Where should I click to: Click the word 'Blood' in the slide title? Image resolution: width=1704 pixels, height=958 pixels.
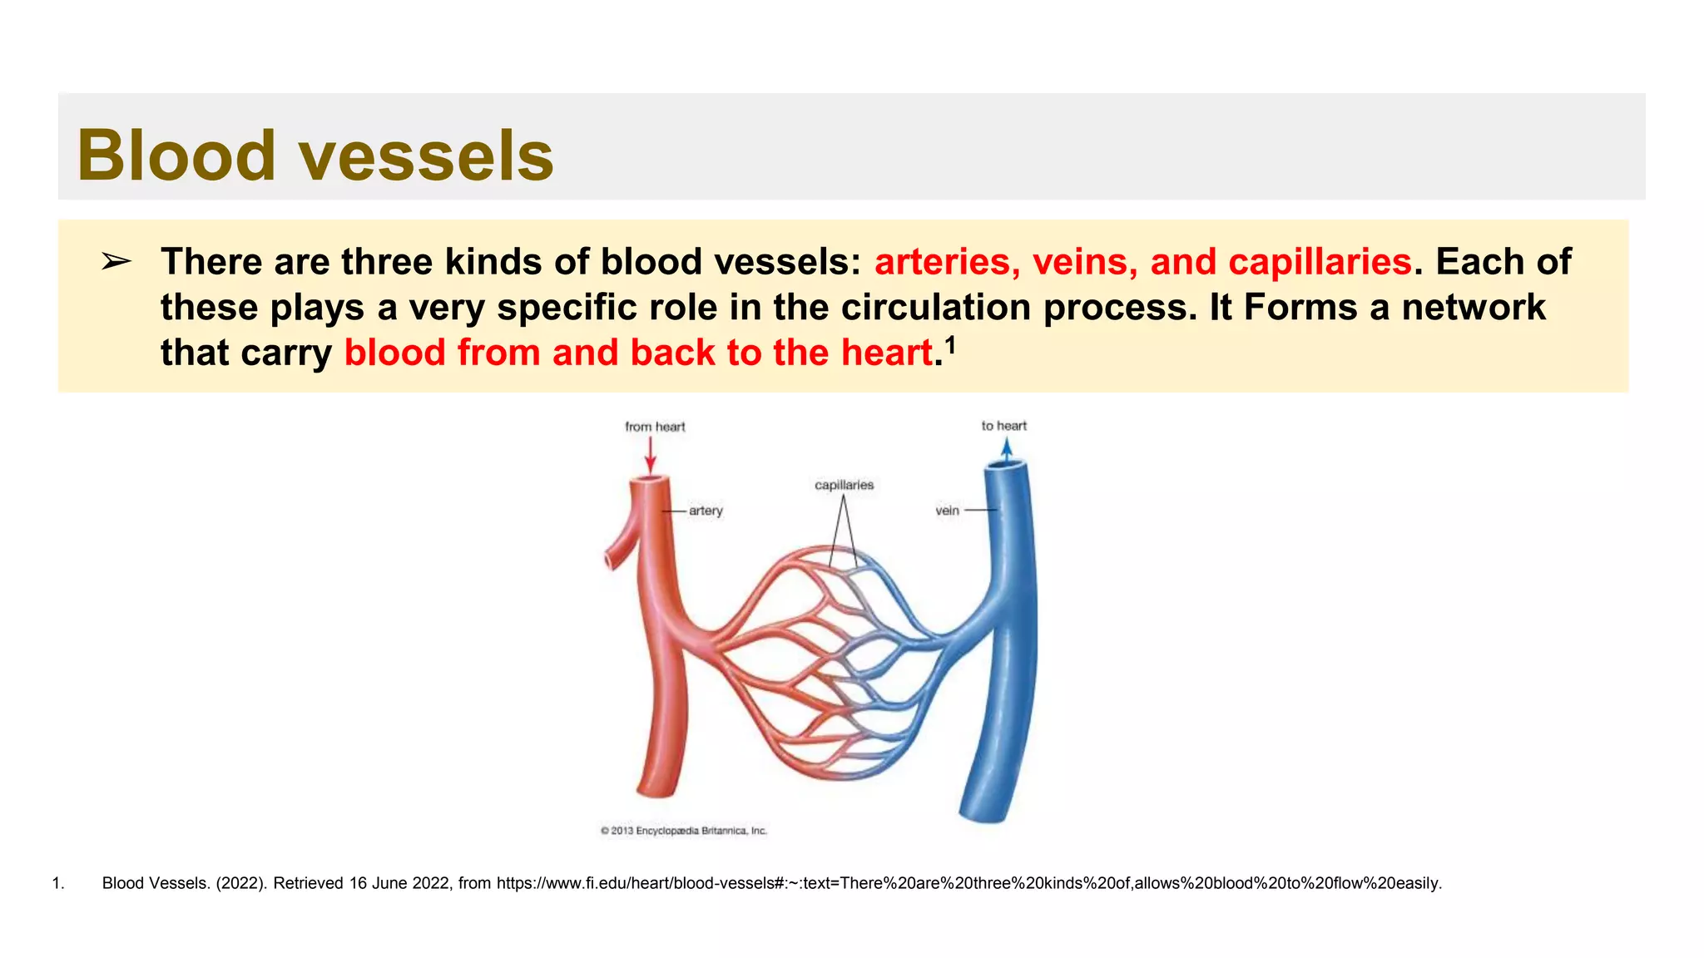tap(176, 156)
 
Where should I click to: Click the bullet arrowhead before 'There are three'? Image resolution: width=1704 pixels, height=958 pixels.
tap(116, 262)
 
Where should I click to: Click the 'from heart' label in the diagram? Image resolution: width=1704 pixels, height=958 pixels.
tap(655, 427)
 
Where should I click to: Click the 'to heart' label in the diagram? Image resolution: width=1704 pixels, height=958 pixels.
tap(1003, 426)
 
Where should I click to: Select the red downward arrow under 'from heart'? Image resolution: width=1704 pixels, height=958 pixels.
tap(651, 455)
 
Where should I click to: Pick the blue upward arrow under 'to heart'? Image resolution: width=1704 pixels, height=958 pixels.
tap(1007, 451)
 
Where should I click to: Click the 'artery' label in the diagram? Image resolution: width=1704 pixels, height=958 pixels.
tap(706, 511)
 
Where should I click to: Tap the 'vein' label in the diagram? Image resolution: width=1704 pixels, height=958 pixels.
tap(947, 511)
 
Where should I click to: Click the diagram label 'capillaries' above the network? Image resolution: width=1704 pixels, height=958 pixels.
tap(844, 485)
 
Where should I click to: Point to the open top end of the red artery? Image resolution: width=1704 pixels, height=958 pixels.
tap(650, 480)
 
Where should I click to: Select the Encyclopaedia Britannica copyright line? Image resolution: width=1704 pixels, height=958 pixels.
tap(683, 831)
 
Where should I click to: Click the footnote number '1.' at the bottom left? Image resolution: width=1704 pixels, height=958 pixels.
tap(58, 883)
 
